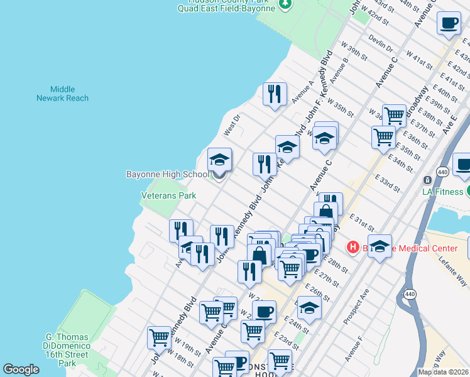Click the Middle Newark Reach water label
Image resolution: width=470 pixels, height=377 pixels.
click(x=62, y=94)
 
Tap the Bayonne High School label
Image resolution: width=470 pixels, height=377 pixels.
click(x=167, y=174)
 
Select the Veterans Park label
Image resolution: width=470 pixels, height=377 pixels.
click(x=168, y=195)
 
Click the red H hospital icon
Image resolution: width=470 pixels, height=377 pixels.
click(x=352, y=248)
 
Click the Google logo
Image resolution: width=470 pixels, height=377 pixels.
click(x=21, y=369)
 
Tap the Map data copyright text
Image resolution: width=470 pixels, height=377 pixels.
click(x=443, y=372)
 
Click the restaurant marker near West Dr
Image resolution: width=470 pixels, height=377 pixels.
click(x=275, y=95)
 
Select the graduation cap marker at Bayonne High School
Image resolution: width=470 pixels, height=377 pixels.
click(x=220, y=160)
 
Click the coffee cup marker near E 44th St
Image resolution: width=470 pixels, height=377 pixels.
click(x=449, y=24)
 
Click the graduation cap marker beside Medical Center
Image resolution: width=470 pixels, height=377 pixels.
click(x=380, y=247)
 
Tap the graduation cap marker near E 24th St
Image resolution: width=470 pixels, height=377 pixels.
click(x=309, y=309)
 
